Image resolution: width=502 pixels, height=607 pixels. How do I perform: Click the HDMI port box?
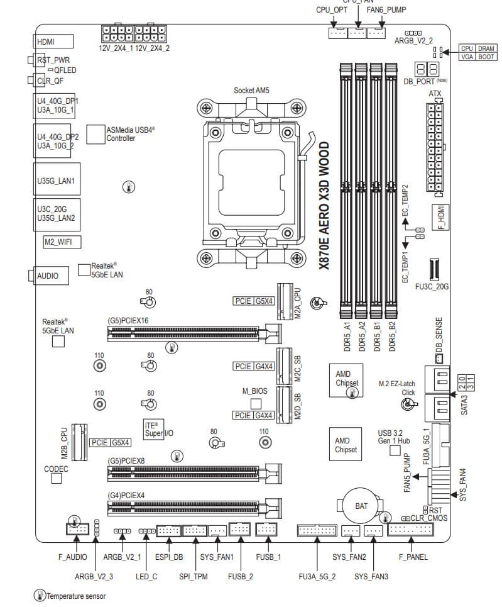coord(53,42)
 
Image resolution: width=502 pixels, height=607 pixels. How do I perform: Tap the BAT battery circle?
coord(361,505)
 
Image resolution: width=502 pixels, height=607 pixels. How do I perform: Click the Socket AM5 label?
coord(251,91)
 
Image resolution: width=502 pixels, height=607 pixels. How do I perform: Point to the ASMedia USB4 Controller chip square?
coord(95,133)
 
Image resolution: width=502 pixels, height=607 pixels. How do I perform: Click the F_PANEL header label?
coord(413,557)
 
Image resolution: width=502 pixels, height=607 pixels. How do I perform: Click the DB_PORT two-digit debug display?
coord(427,70)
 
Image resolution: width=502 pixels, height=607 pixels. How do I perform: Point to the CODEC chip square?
coord(57,479)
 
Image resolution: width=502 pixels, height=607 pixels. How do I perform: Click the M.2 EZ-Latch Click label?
coord(397,387)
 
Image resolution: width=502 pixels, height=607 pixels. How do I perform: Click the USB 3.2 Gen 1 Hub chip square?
coord(395,450)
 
